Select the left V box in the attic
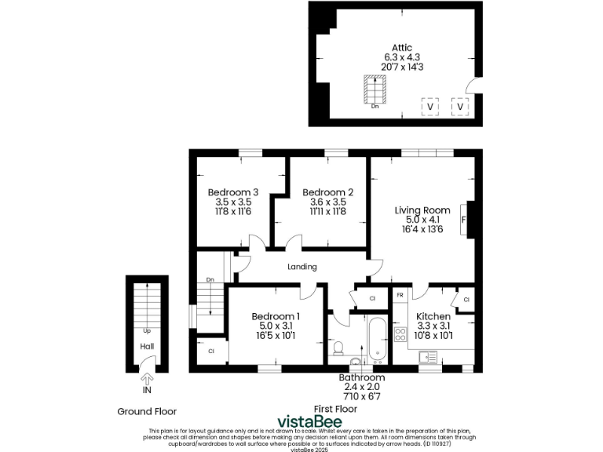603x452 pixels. pos(429,106)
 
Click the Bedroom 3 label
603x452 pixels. pos(232,192)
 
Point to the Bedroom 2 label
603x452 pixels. pos(327,192)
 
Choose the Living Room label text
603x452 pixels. pos(422,210)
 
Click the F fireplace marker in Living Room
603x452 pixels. pos(463,220)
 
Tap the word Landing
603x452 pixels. pos(302,267)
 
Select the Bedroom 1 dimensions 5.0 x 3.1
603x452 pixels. pos(275,326)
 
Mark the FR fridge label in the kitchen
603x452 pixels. pos(400,295)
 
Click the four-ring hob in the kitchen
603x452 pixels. pos(400,336)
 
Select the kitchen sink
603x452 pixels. pos(428,356)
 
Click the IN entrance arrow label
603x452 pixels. pos(146,390)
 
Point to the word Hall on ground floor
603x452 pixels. pos(147,346)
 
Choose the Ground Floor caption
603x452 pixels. pos(147,411)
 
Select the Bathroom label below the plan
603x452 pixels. pos(364,377)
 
